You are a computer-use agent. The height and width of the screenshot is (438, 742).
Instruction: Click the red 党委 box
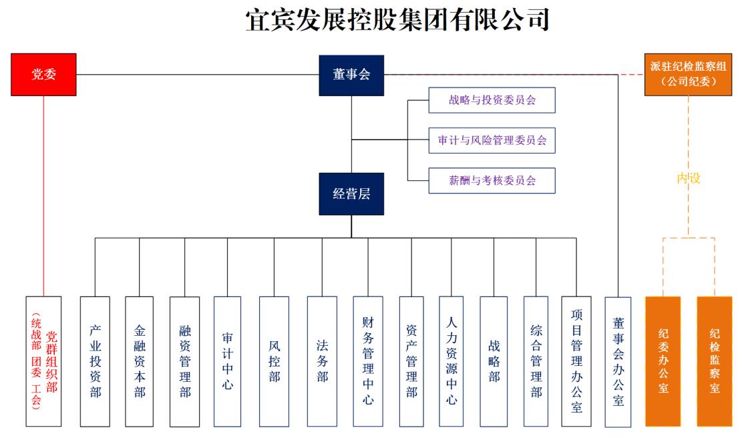[43, 74]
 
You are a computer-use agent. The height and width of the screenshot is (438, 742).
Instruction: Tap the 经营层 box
[351, 194]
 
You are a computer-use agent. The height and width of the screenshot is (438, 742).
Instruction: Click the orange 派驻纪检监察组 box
[689, 74]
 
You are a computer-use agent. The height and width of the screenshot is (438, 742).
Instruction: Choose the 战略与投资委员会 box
[492, 101]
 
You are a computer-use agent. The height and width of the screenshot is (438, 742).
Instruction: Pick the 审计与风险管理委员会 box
[492, 140]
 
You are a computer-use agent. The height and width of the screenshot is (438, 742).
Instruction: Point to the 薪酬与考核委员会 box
[492, 180]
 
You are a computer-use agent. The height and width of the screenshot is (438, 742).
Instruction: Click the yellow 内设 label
[689, 178]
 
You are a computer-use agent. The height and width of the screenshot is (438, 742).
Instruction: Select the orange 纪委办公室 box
[663, 361]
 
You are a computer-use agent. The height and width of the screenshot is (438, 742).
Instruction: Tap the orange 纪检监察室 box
[715, 361]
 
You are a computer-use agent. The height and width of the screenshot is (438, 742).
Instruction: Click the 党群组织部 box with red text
[43, 361]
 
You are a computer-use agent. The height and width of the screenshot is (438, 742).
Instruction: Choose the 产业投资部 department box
[95, 361]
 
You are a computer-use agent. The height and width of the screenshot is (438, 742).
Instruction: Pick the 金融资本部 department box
[140, 361]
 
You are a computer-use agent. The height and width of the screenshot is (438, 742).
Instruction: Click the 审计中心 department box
[228, 361]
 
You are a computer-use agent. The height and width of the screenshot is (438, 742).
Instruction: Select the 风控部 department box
[274, 361]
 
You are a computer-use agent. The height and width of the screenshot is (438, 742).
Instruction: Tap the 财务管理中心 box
[368, 361]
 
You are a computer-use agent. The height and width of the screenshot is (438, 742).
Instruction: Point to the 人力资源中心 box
[451, 361]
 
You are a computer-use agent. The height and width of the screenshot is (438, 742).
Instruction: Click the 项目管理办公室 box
[576, 361]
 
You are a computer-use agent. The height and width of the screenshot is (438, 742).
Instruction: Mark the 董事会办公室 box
[618, 361]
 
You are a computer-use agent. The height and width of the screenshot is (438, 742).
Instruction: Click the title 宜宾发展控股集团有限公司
[397, 20]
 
